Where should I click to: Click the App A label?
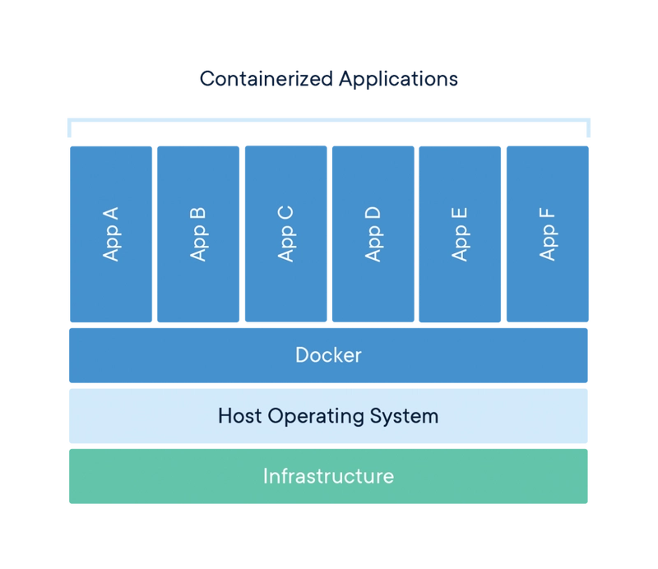111,234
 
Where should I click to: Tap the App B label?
198,234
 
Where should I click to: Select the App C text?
286,234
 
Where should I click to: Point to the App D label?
373,234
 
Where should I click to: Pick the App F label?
548,234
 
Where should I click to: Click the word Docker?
328,355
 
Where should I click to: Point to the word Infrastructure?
328,476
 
